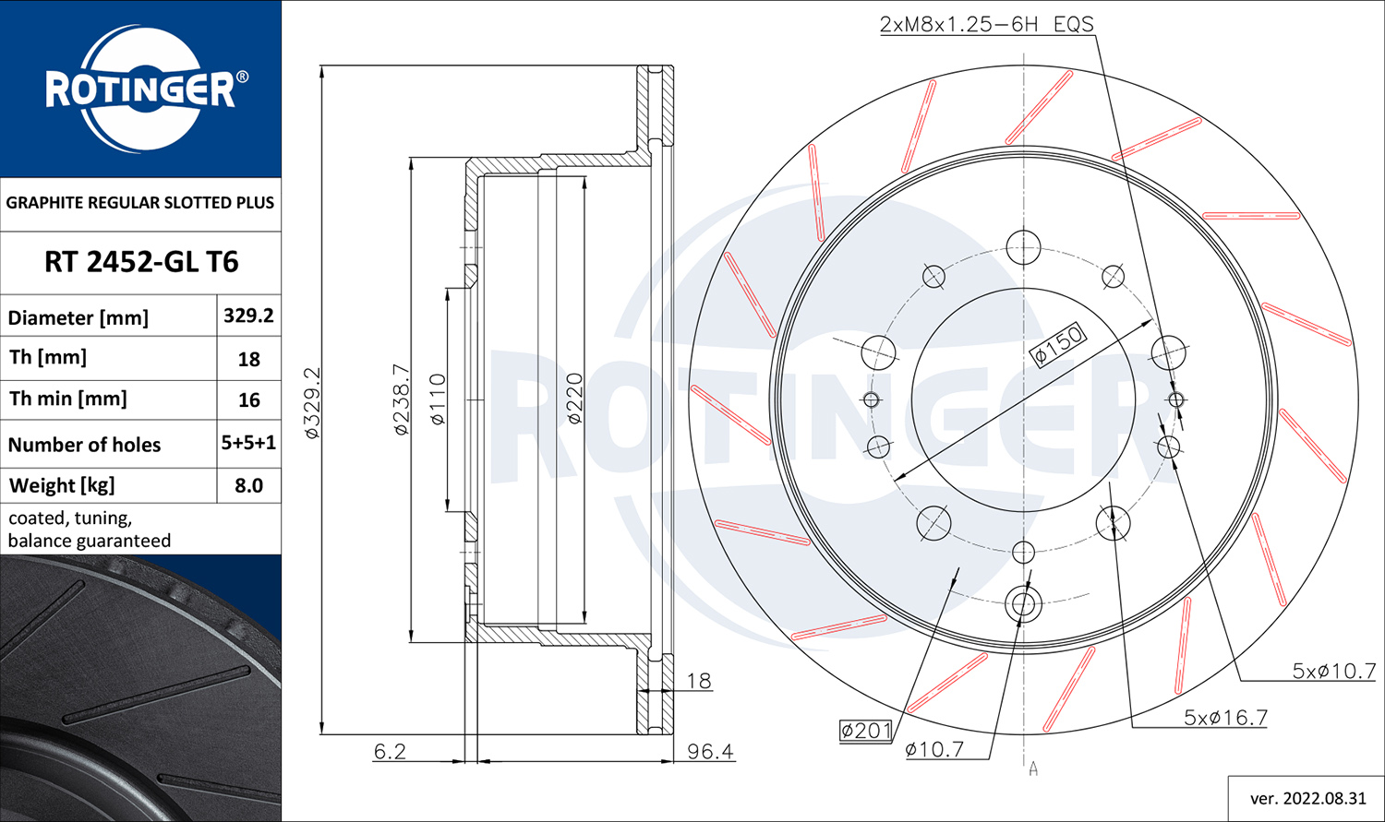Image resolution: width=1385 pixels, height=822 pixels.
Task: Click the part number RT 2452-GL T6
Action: (141, 262)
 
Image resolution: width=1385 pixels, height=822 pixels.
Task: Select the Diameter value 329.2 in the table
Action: (248, 316)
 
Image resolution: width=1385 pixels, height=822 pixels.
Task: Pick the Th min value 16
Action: (248, 400)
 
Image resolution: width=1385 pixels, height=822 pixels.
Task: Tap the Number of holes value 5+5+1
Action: (248, 443)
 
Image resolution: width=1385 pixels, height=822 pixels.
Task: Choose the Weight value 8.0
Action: (248, 485)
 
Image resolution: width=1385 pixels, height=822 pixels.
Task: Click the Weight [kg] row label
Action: (62, 485)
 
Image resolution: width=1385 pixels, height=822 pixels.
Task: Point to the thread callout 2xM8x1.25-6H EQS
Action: (987, 24)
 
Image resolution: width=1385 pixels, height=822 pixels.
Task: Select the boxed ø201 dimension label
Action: (866, 731)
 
